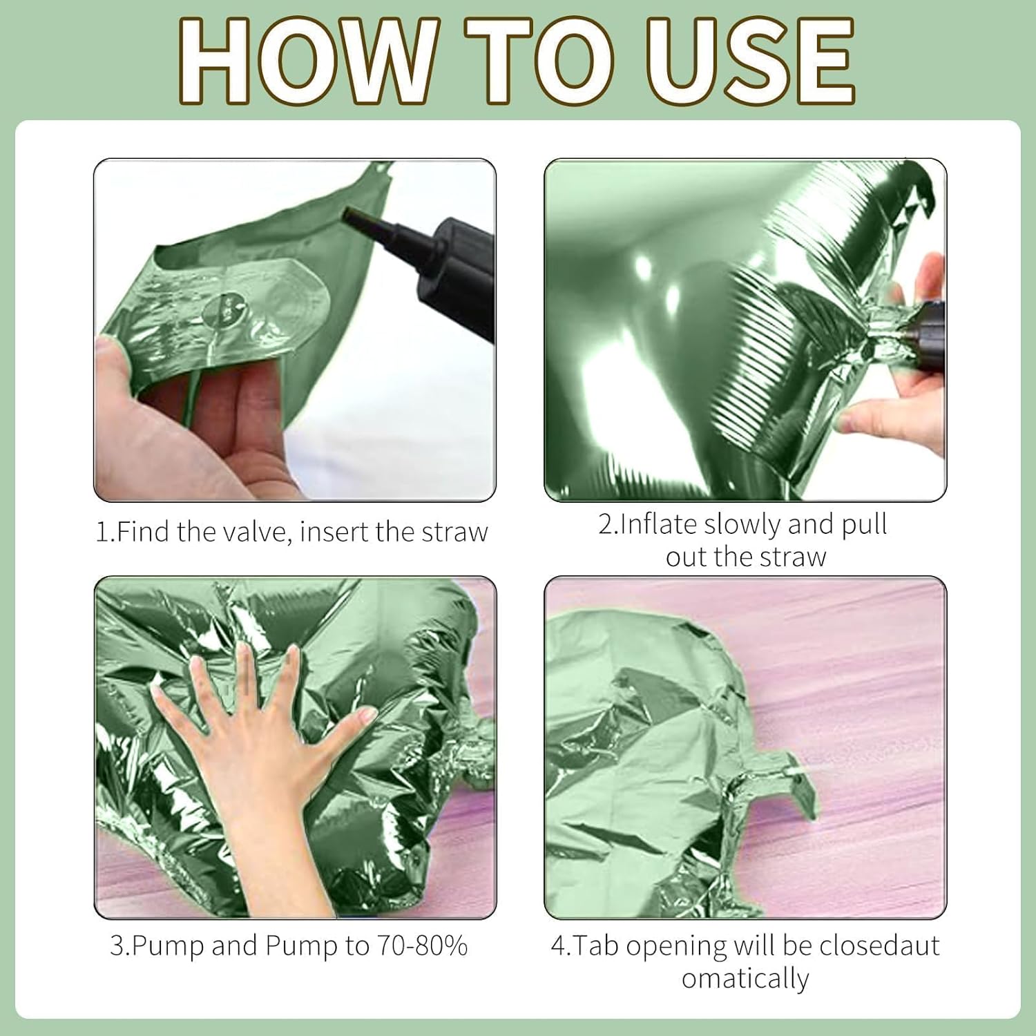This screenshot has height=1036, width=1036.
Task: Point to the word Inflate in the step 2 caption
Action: [659, 524]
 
